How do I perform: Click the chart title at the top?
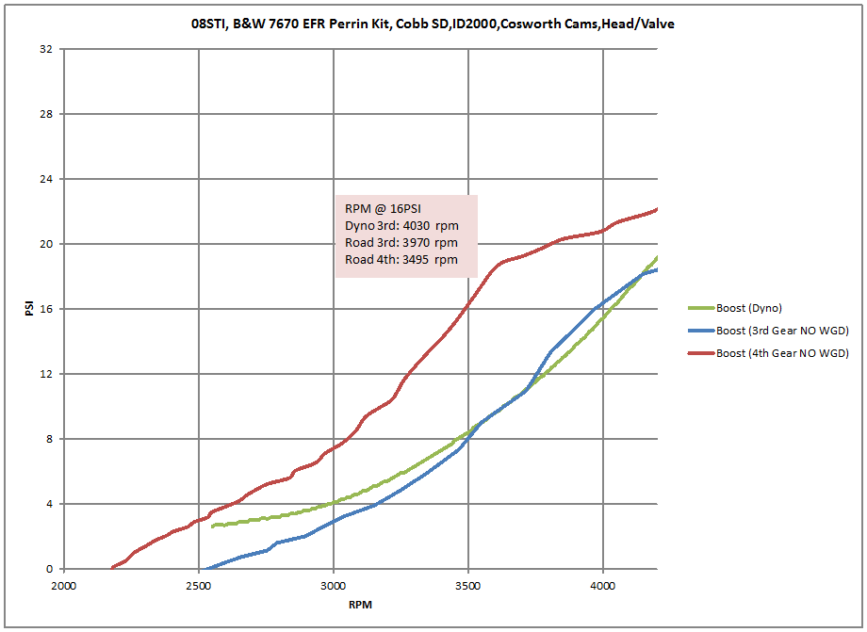tap(433, 24)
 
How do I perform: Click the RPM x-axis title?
tap(360, 605)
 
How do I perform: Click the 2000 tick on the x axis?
tap(64, 585)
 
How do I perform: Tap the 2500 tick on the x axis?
tap(199, 585)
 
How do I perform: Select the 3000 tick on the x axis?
tap(334, 585)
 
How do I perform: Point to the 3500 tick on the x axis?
tap(468, 585)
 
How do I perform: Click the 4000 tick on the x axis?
tap(603, 585)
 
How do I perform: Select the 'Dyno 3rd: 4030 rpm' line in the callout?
tap(401, 226)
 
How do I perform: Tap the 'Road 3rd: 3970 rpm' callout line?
tap(401, 243)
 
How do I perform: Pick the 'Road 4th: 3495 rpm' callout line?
tap(401, 260)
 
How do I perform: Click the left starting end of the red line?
tap(113, 567)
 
